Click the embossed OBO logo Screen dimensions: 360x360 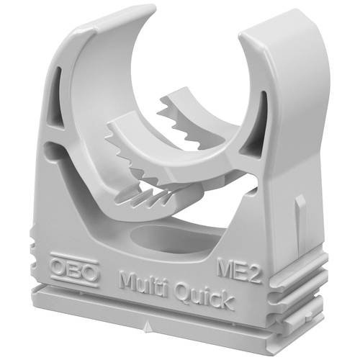click(74, 271)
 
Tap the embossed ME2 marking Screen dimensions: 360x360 click(238, 271)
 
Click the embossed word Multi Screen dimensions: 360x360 click(144, 284)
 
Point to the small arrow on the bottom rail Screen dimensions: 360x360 click(148, 328)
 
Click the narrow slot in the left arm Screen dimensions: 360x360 click(56, 96)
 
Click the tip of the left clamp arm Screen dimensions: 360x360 click(152, 9)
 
